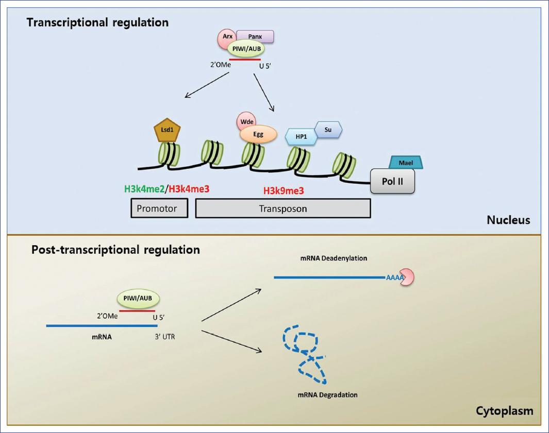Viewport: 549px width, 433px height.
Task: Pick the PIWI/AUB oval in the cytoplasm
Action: click(x=138, y=298)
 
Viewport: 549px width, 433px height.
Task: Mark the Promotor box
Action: click(x=158, y=209)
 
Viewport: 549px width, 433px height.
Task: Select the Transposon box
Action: click(x=283, y=209)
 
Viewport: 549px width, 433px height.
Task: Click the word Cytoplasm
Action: click(x=505, y=411)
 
